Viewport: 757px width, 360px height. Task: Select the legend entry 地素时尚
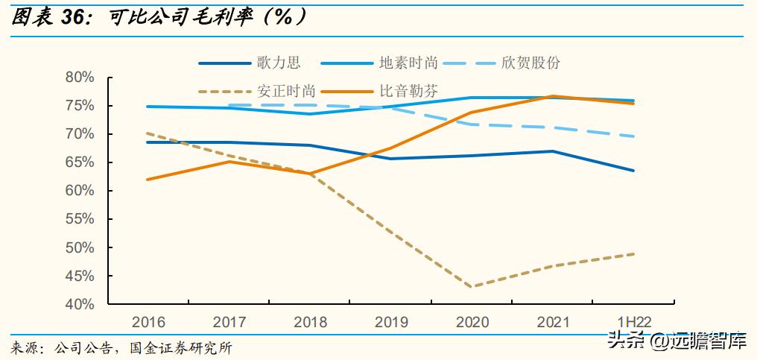407,63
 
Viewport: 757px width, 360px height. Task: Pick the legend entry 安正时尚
286,92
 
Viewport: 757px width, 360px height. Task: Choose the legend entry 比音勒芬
408,92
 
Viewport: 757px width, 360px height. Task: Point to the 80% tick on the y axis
80,78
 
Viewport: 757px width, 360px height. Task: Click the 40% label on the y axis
80,304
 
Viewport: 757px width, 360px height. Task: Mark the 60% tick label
80,191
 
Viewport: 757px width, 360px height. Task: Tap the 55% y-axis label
80,219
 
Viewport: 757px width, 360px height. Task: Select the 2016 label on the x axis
149,323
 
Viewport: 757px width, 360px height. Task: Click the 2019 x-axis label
391,323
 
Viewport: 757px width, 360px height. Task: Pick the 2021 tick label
552,323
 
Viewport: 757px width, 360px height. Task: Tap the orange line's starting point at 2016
149,180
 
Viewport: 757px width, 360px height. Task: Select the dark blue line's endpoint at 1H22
633,171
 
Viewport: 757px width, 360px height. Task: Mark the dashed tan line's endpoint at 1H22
633,254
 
